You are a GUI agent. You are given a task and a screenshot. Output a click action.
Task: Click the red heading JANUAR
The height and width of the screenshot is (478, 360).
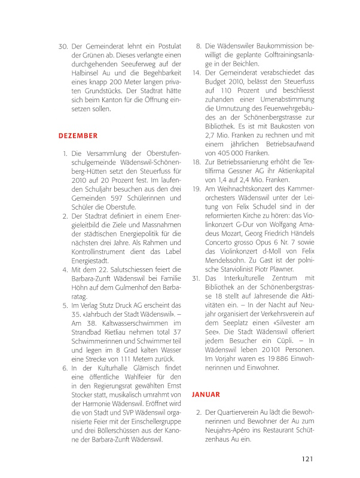(x=207, y=394)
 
